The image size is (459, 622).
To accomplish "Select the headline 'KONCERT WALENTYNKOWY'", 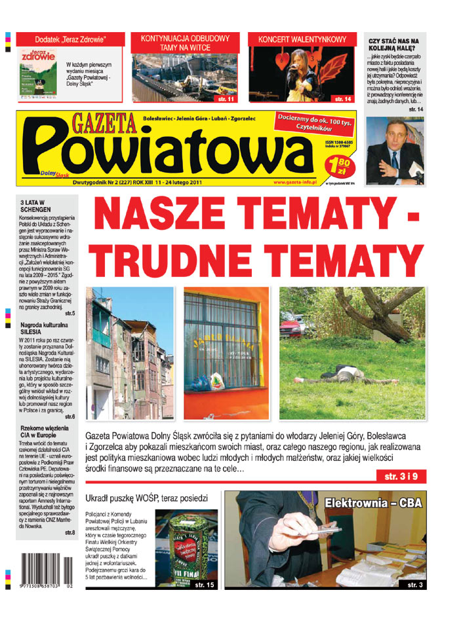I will (x=302, y=40).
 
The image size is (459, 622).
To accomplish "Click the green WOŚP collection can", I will (x=186, y=547).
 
